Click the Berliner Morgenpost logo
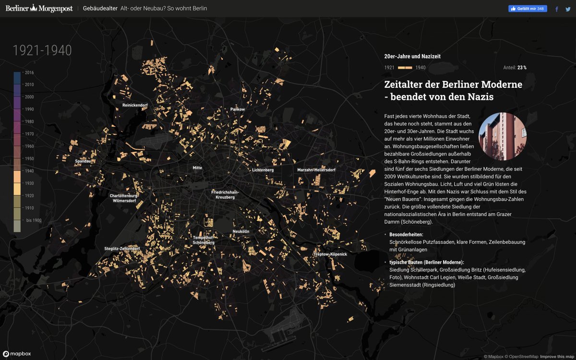[x=39, y=8]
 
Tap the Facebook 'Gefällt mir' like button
[x=528, y=9]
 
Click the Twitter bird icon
[x=569, y=9]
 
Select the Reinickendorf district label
[x=135, y=105]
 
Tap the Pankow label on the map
[x=238, y=109]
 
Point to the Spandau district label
[x=83, y=161]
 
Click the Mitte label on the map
[x=197, y=168]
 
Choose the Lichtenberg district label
[x=263, y=170]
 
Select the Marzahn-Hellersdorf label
[x=316, y=170]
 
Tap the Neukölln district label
[x=241, y=231]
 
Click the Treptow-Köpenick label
[x=330, y=254]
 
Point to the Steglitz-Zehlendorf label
[x=122, y=249]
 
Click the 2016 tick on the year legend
[x=29, y=72]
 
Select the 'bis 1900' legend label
[x=34, y=220]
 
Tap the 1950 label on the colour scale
[x=29, y=159]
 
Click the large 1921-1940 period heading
[x=42, y=50]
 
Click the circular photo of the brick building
[x=503, y=136]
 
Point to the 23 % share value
[x=522, y=68]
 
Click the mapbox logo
[x=17, y=354]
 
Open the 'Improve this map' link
[x=557, y=357]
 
